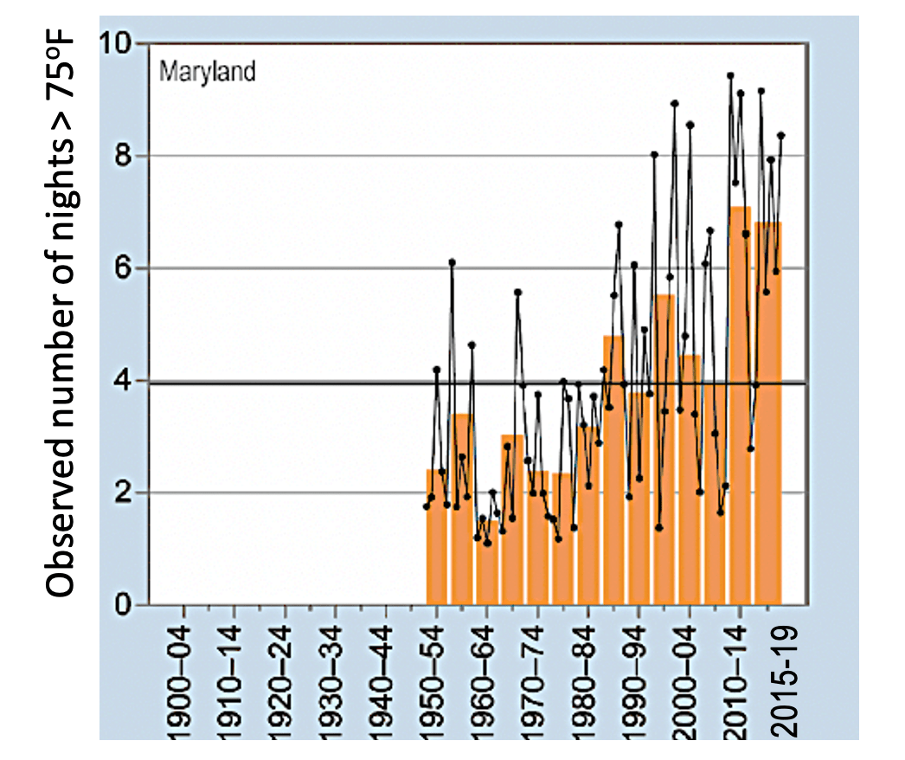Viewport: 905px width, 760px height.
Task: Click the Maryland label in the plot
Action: point(207,71)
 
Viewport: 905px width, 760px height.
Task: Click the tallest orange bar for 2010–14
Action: point(740,407)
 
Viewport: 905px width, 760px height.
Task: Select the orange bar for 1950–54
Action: point(437,537)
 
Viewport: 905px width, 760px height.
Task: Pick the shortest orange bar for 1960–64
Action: point(487,563)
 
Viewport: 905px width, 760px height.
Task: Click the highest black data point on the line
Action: point(730,75)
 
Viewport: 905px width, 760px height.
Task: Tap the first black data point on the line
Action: point(426,506)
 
